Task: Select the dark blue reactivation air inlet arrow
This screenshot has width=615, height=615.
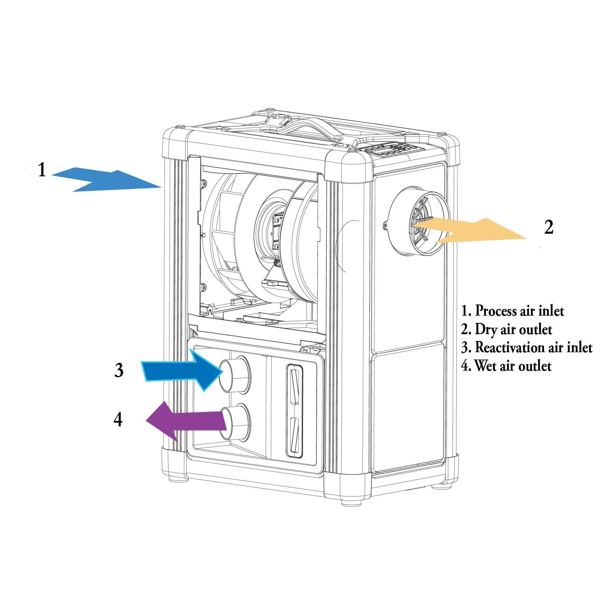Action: pos(181,371)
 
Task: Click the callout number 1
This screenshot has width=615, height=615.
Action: pos(42,170)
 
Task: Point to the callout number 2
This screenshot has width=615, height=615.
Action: pos(549,227)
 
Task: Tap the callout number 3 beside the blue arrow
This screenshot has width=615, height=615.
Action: pos(119,370)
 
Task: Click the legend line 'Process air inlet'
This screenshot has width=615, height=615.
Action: pos(512,311)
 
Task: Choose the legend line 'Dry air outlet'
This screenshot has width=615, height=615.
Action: pos(506,329)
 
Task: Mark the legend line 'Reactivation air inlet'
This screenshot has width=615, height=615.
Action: pos(527,347)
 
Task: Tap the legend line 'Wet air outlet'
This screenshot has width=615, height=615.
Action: pos(506,366)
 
